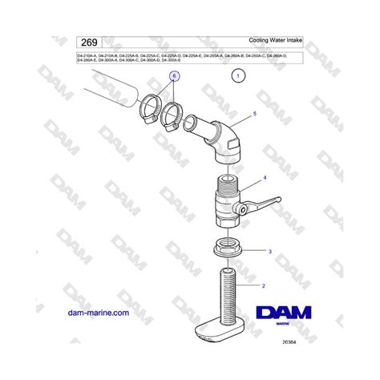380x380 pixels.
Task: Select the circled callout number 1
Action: click(x=237, y=77)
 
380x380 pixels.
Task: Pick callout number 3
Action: click(x=270, y=251)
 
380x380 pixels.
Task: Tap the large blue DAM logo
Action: click(x=284, y=315)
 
